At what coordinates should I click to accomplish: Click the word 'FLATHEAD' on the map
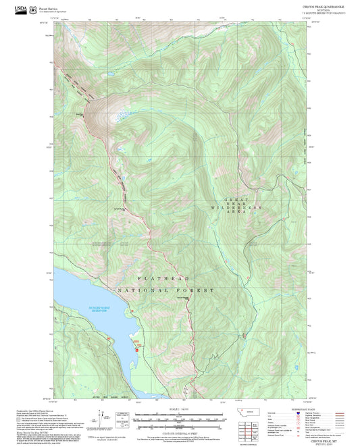[163, 278]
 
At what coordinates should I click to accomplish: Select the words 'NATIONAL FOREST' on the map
[165, 290]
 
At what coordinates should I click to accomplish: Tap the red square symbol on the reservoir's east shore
[137, 349]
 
